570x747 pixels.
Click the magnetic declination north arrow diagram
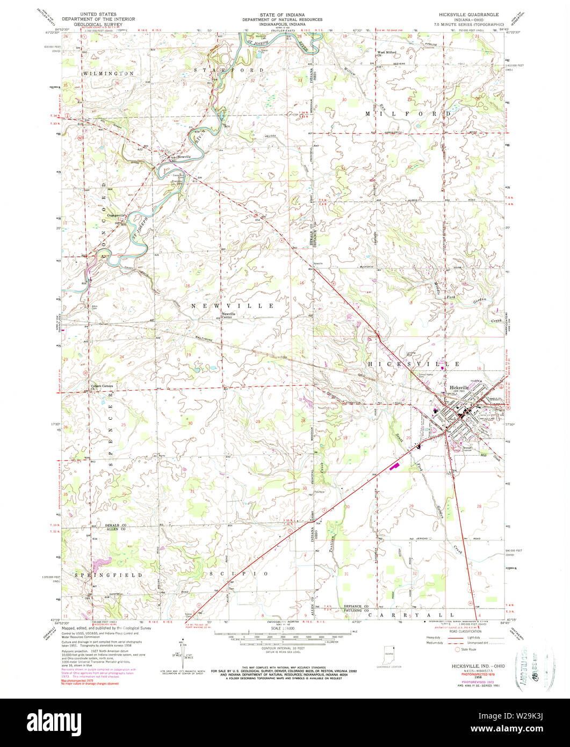coord(184,653)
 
